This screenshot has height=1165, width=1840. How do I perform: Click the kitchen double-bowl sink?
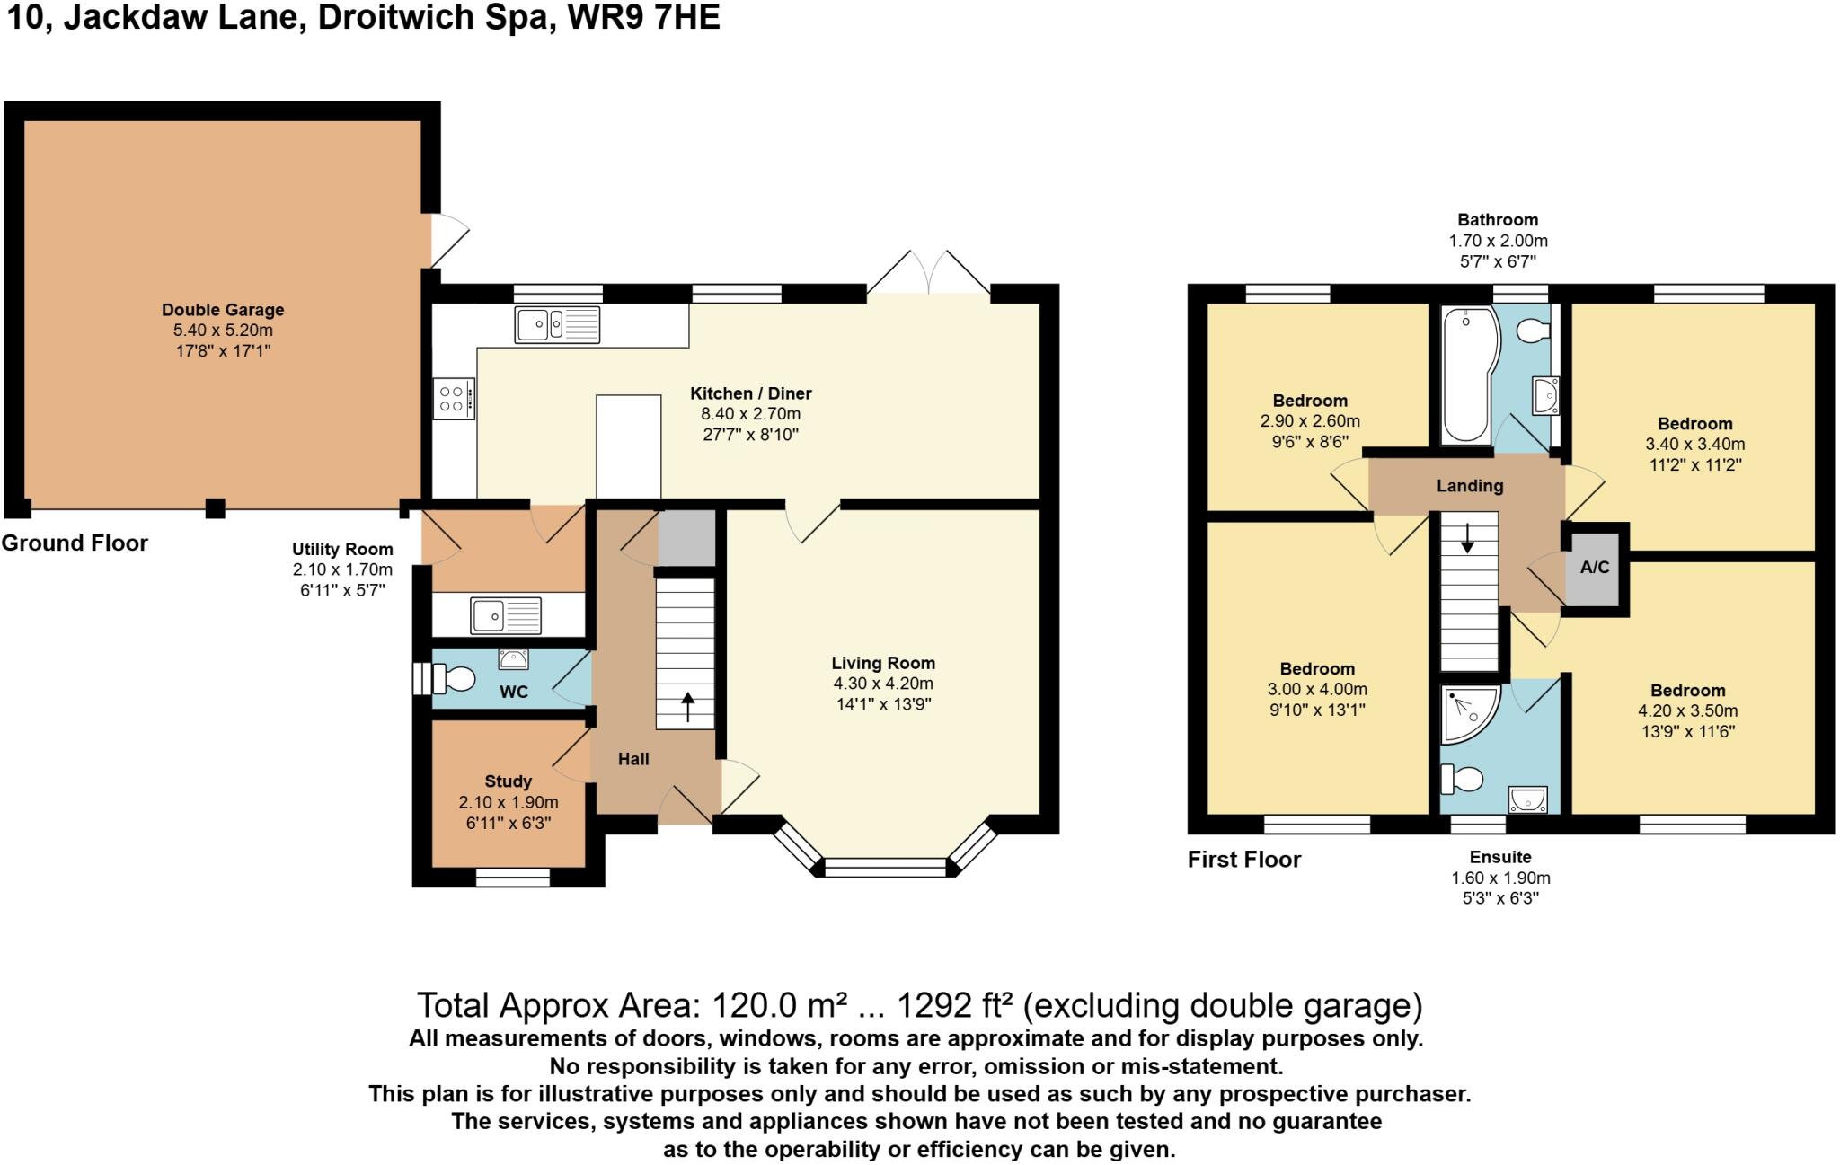(557, 324)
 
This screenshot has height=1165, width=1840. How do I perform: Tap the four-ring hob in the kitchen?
(453, 399)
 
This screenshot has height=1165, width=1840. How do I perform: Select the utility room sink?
(506, 616)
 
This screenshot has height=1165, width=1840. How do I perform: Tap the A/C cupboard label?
(1595, 568)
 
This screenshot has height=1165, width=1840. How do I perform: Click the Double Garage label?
(223, 310)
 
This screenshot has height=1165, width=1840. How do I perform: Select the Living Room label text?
(883, 663)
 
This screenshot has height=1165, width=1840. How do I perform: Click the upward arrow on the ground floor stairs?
(688, 707)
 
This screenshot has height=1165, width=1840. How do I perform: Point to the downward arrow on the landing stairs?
(1468, 537)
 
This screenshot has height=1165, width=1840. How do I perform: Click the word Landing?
(1470, 486)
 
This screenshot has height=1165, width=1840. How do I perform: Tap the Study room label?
(509, 781)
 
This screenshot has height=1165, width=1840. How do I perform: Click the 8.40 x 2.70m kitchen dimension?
(750, 414)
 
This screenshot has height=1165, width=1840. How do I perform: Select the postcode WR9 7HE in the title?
(643, 17)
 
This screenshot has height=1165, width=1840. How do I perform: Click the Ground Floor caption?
(75, 543)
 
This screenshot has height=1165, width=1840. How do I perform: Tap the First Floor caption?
(1244, 860)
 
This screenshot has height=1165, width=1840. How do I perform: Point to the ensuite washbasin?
(1527, 799)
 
